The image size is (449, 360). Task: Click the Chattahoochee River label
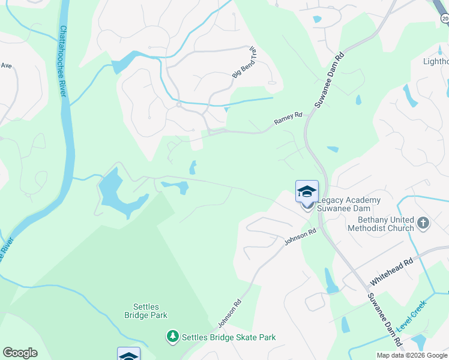62,61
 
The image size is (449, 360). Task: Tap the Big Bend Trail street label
244,62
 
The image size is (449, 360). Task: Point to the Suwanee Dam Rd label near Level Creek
385,319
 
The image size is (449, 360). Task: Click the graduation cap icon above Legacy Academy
307,192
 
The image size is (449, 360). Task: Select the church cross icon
424,224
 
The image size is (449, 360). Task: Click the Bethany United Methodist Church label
382,224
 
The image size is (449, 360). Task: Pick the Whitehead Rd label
392,271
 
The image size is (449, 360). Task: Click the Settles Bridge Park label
146,310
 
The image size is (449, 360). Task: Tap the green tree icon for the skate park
173,337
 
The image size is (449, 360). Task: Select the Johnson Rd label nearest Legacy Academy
300,238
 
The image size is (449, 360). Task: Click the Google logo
20,353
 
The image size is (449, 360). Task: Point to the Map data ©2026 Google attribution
412,355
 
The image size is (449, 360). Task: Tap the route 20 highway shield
445,19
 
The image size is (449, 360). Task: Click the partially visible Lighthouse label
436,61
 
